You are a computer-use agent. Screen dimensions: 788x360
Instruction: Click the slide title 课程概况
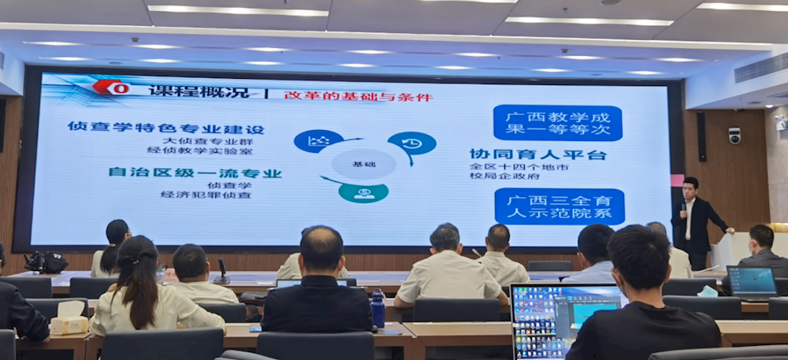point(199,91)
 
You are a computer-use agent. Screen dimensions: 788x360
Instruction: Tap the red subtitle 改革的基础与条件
point(358,96)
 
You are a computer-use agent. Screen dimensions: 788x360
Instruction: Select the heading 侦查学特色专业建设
point(165,128)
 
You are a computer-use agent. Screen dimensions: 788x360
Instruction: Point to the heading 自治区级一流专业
point(195,173)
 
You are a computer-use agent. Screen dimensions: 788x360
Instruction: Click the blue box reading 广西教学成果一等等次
point(557,123)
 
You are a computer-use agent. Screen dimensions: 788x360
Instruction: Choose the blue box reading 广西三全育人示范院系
point(559,206)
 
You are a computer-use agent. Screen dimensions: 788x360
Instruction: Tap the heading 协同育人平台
point(537,154)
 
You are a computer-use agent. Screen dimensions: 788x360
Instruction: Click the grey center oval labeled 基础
point(363,164)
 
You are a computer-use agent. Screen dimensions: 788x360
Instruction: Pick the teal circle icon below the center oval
point(363,193)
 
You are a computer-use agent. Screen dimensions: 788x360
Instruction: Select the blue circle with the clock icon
point(412,143)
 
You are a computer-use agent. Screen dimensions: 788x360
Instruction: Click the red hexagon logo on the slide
point(111,87)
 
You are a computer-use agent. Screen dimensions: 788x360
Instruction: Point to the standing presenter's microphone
point(683,206)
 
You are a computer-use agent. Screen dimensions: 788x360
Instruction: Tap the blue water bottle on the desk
point(378,308)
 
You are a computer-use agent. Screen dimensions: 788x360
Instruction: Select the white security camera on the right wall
point(734,135)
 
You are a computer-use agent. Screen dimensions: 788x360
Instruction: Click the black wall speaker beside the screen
point(701,136)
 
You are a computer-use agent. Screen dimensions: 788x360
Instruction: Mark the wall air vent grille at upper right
point(761,67)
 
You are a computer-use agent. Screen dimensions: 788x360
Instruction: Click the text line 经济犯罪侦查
point(206,195)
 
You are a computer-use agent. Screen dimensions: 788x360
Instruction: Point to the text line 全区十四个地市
point(519,167)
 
